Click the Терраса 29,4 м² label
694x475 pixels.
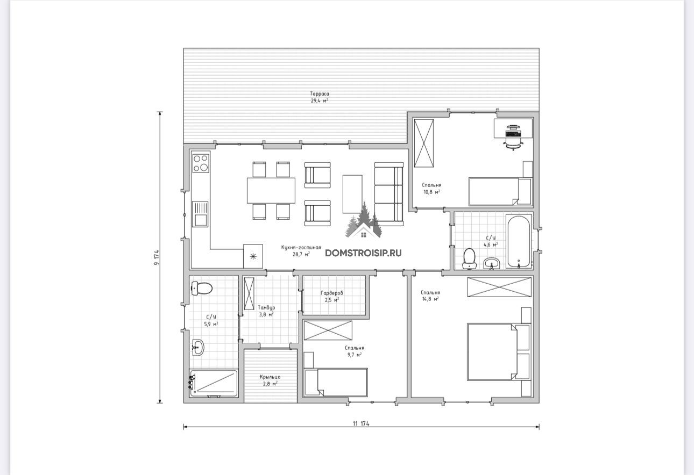pyautogui.click(x=320, y=97)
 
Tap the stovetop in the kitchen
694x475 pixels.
pyautogui.click(x=201, y=163)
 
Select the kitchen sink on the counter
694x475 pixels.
pyautogui.click(x=200, y=214)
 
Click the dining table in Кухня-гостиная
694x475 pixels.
pyautogui.click(x=271, y=190)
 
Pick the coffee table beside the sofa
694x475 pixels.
pyautogui.click(x=352, y=194)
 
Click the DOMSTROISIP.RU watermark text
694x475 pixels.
pyautogui.click(x=363, y=253)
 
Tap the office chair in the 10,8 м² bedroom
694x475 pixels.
pyautogui.click(x=514, y=138)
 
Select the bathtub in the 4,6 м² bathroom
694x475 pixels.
pyautogui.click(x=519, y=241)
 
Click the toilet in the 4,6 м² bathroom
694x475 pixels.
pyautogui.click(x=469, y=258)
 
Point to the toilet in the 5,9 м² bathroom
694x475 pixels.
pyautogui.click(x=202, y=289)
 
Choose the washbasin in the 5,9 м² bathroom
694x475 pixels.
pyautogui.click(x=198, y=347)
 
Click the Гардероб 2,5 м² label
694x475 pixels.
pyautogui.click(x=332, y=296)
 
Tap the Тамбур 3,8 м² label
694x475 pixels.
pyautogui.click(x=266, y=311)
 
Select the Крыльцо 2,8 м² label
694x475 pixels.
pyautogui.click(x=270, y=380)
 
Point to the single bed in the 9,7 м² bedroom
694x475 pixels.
pyautogui.click(x=336, y=382)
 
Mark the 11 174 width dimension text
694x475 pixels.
pyautogui.click(x=361, y=423)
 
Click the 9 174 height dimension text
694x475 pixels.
pyautogui.click(x=157, y=257)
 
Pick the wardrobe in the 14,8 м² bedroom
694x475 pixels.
pyautogui.click(x=499, y=287)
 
